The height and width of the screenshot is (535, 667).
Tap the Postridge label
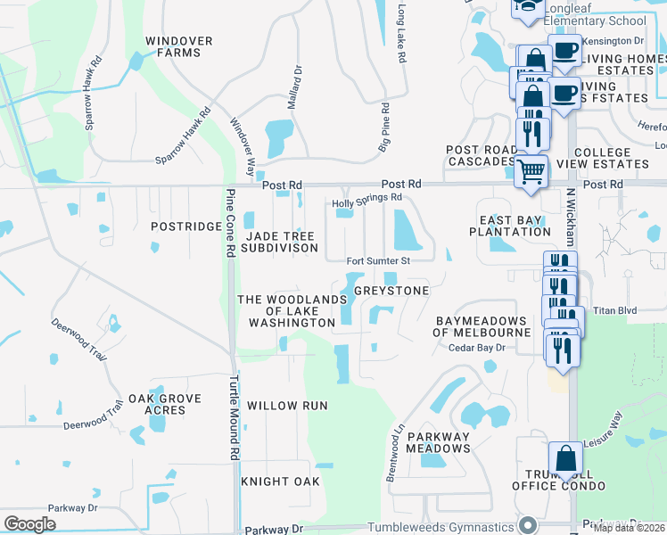[185, 226]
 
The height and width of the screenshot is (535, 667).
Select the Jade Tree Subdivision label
[279, 242]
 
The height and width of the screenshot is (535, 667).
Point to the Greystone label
[391, 291]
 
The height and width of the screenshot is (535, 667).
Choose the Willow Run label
[287, 406]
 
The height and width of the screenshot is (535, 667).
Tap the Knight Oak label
[280, 481]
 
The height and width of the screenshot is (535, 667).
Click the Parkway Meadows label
[438, 442]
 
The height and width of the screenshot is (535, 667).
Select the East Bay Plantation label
[515, 226]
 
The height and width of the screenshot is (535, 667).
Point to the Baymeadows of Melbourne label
[482, 326]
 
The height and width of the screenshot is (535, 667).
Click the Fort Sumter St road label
[378, 261]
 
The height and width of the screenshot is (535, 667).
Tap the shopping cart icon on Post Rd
[531, 170]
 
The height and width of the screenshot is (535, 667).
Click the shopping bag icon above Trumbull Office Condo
[565, 459]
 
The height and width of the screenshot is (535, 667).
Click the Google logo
[30, 524]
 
